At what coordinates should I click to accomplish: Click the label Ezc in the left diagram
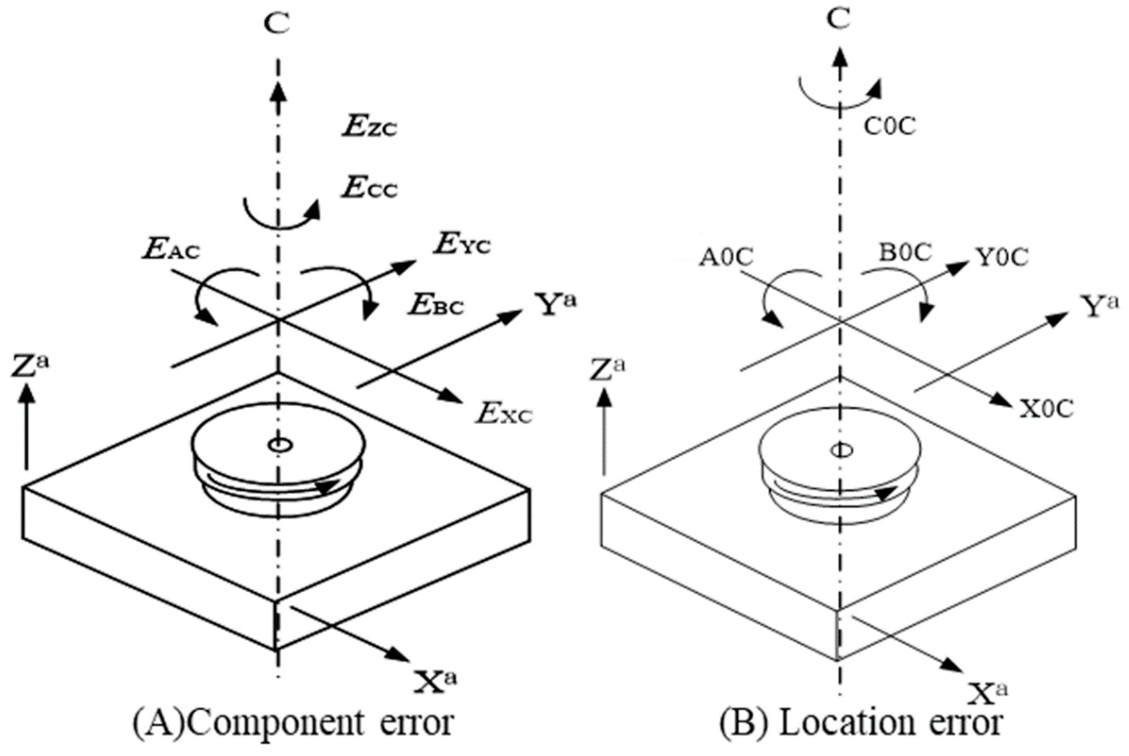click(369, 128)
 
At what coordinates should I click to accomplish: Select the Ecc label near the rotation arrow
click(369, 189)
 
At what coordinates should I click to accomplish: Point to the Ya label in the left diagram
click(557, 305)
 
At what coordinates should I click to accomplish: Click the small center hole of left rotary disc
click(278, 445)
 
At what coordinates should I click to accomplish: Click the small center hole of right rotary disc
click(841, 450)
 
